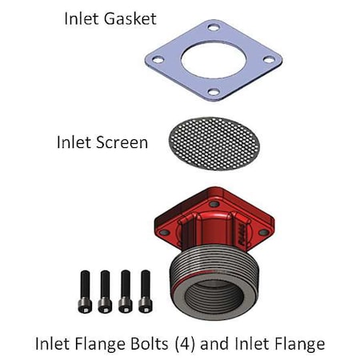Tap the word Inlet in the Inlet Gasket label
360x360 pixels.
point(82,17)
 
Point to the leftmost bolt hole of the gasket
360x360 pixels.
point(158,58)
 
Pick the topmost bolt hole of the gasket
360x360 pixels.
point(213,28)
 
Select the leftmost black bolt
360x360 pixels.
point(85,292)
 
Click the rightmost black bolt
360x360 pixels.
point(145,292)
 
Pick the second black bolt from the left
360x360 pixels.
point(105,292)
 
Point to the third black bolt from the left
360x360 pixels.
point(125,292)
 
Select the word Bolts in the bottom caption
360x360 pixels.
point(154,344)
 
